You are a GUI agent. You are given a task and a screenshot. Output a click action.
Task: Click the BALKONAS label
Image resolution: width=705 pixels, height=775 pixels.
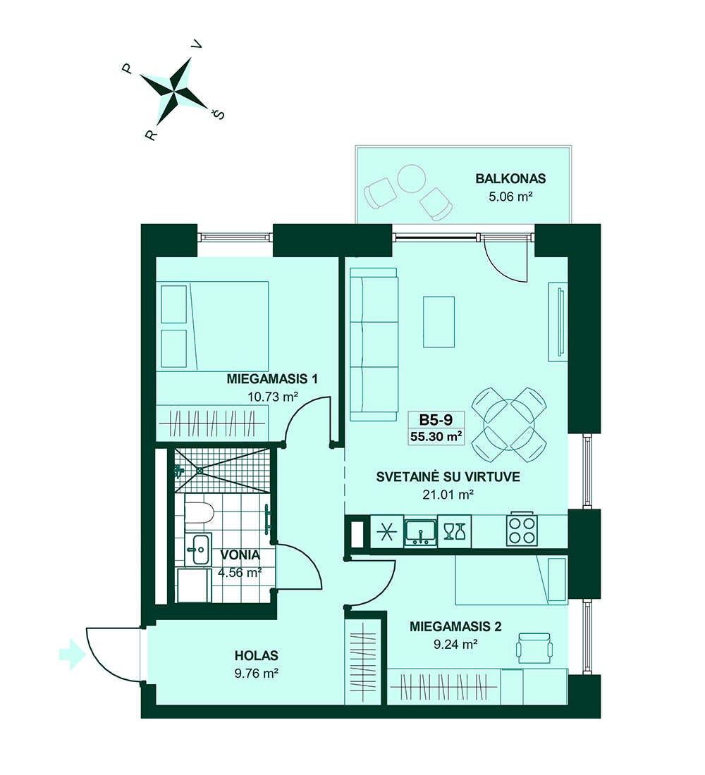[510, 178]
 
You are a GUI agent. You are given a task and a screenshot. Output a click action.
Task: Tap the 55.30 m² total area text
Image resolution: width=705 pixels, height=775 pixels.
[436, 436]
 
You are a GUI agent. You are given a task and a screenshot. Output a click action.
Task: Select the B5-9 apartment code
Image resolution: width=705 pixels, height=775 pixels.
[436, 420]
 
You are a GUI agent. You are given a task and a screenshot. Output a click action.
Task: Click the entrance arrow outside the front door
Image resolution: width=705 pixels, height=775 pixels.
[72, 655]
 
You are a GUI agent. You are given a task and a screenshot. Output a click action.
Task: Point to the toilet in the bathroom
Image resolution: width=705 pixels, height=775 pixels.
[199, 513]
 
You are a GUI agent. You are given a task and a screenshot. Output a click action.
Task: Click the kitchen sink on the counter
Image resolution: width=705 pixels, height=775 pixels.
[420, 532]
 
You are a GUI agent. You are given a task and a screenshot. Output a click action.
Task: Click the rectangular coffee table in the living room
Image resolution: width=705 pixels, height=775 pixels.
[439, 322]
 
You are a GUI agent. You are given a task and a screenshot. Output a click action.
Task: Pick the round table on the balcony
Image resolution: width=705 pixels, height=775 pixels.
[412, 178]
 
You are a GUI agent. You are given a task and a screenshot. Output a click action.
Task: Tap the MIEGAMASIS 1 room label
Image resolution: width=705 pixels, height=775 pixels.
[272, 379]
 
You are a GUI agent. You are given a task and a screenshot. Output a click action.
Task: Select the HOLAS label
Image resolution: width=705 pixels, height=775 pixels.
[257, 656]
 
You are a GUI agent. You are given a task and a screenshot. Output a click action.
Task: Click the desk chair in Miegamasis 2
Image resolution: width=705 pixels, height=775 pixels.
[534, 648]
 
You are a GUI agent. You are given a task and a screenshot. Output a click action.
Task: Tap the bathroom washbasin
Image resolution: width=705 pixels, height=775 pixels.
[200, 549]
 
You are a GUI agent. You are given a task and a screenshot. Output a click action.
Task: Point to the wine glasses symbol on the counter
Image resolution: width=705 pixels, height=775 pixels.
[454, 532]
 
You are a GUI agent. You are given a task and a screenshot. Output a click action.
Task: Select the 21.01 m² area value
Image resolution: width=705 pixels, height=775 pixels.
[448, 495]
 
